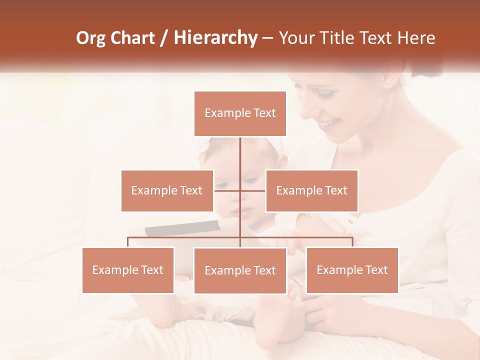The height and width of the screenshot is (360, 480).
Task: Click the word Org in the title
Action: (x=91, y=38)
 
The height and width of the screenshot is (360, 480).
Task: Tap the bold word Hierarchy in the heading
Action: (x=215, y=38)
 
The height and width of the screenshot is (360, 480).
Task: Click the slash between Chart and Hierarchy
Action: (x=164, y=38)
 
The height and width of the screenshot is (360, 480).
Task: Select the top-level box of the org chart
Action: (x=240, y=113)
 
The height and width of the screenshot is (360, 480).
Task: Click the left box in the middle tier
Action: (x=167, y=190)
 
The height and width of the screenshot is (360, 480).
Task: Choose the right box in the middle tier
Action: (x=311, y=190)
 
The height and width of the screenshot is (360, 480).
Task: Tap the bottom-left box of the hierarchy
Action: (x=128, y=270)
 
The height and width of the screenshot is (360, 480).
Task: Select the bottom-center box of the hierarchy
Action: (x=240, y=270)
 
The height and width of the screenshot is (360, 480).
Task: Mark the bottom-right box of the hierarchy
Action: (x=352, y=270)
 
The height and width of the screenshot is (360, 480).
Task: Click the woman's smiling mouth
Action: (x=328, y=123)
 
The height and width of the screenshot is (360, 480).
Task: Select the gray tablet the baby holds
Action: (x=182, y=228)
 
